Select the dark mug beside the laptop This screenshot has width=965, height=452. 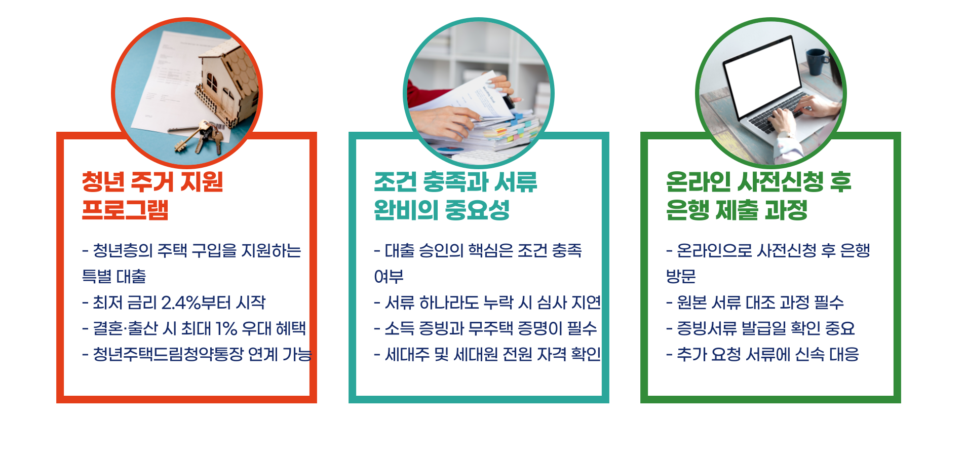[x=816, y=61]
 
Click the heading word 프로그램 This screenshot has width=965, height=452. [x=125, y=210]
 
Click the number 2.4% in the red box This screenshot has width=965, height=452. [x=181, y=303]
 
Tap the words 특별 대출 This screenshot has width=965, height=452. [x=114, y=276]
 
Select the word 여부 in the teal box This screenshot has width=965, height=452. [x=389, y=276]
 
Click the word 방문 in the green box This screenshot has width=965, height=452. [x=681, y=276]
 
